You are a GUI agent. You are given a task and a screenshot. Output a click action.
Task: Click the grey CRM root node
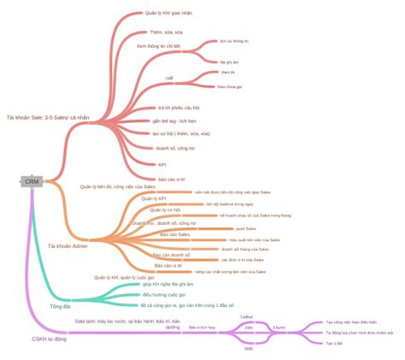pyautogui.click(x=32, y=181)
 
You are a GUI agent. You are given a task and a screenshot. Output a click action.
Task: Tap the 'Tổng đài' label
pyautogui.click(x=61, y=305)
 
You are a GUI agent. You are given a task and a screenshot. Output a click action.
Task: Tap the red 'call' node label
pyautogui.click(x=169, y=78)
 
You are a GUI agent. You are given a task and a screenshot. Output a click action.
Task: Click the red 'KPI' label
pyautogui.click(x=162, y=164)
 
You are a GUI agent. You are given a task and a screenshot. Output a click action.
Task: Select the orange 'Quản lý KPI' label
pyautogui.click(x=154, y=198)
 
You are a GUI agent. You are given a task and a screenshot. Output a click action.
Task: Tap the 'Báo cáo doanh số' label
pyautogui.click(x=172, y=255)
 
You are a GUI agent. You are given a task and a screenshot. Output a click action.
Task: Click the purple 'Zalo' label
pyautogui.click(x=249, y=327)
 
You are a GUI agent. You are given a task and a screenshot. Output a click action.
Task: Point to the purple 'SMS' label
pyautogui.click(x=248, y=349)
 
